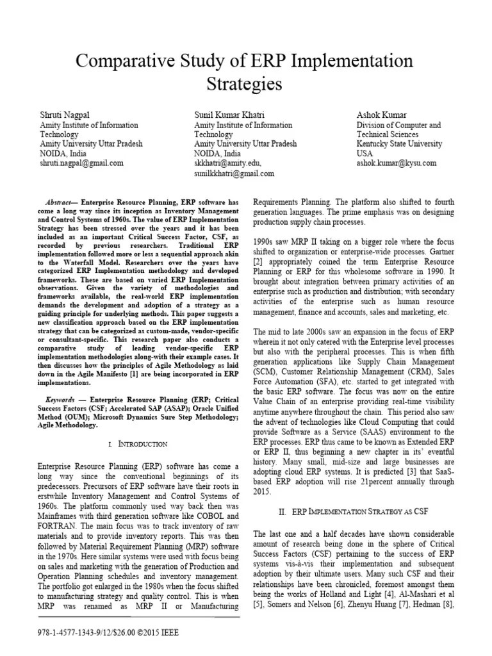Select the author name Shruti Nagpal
(x=66, y=115)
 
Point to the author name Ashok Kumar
(x=382, y=115)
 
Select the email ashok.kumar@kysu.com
(x=397, y=163)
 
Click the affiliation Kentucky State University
(x=399, y=144)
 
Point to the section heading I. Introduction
(x=138, y=443)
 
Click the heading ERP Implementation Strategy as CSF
(x=340, y=512)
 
